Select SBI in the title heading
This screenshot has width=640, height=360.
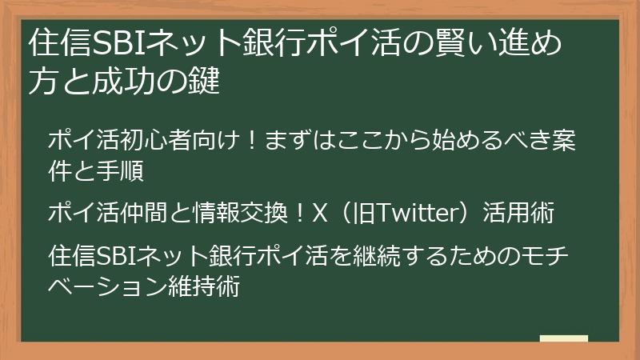[118, 46]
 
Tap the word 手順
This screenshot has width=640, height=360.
[127, 170]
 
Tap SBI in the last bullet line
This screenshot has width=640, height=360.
[117, 257]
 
